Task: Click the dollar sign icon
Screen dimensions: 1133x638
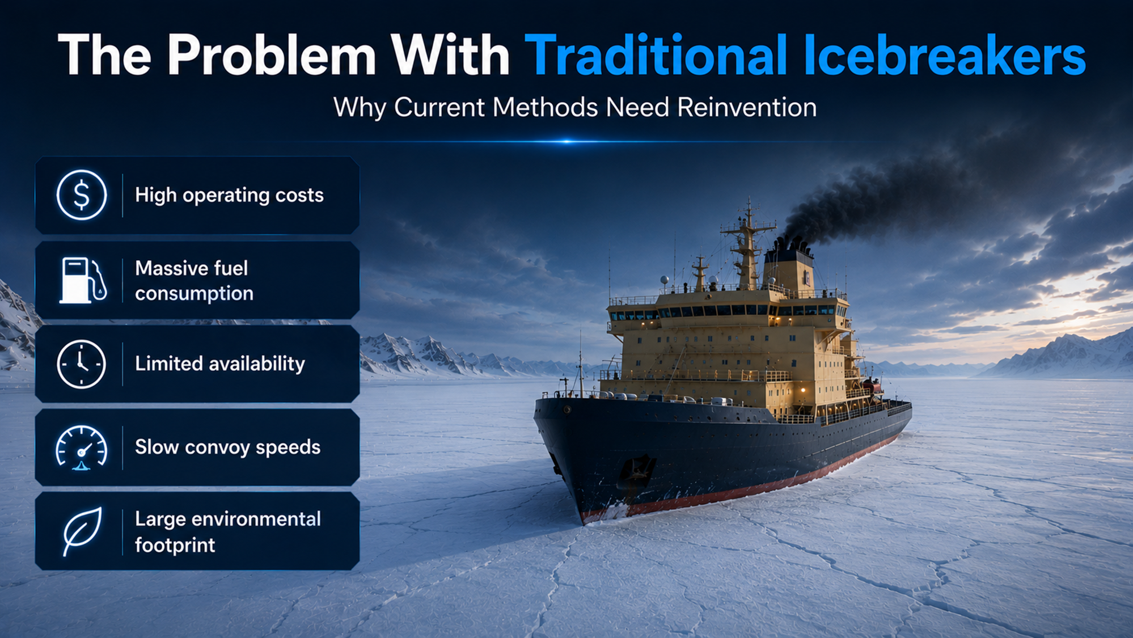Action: pyautogui.click(x=82, y=195)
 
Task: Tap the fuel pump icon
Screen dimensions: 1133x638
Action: pyautogui.click(x=83, y=280)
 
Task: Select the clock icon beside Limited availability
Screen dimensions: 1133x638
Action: pyautogui.click(x=82, y=364)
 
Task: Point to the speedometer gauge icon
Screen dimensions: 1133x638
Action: pyautogui.click(x=82, y=448)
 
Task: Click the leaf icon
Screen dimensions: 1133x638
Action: pyautogui.click(x=83, y=531)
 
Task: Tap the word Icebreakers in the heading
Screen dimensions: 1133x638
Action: pyautogui.click(x=945, y=55)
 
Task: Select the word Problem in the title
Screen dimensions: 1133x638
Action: pyautogui.click(x=271, y=55)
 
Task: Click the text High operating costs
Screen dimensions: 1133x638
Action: pyautogui.click(x=229, y=195)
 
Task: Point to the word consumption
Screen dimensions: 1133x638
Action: pyautogui.click(x=194, y=294)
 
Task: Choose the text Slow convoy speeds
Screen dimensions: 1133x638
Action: pyautogui.click(x=227, y=447)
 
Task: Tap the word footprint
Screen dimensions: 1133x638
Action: pyautogui.click(x=175, y=545)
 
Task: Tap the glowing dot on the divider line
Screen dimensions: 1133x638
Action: pyautogui.click(x=566, y=141)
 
